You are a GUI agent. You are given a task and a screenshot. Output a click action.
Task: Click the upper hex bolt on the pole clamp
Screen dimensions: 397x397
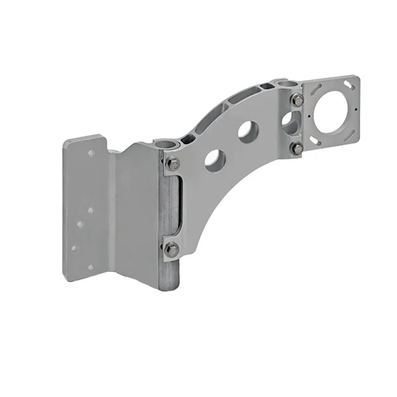[x=173, y=163]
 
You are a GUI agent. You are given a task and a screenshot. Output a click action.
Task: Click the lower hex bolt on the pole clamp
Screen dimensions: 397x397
[x=171, y=249]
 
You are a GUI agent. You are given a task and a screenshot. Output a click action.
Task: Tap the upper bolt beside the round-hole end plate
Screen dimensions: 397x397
[x=297, y=100]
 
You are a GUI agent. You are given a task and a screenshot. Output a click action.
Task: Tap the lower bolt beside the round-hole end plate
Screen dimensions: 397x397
[x=296, y=148]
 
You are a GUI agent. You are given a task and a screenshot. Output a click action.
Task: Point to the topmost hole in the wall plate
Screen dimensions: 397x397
[x=91, y=153]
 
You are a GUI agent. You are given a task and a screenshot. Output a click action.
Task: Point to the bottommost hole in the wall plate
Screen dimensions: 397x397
[x=91, y=267]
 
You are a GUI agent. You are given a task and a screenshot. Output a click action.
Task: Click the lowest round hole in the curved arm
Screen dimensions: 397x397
[x=214, y=160]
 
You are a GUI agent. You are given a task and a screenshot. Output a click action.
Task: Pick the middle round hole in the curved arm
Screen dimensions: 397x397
[x=248, y=131]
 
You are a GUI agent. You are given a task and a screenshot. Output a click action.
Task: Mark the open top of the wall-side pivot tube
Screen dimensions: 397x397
[x=167, y=144]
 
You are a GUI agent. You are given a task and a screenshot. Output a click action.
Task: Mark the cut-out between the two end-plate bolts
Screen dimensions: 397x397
[x=291, y=122]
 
